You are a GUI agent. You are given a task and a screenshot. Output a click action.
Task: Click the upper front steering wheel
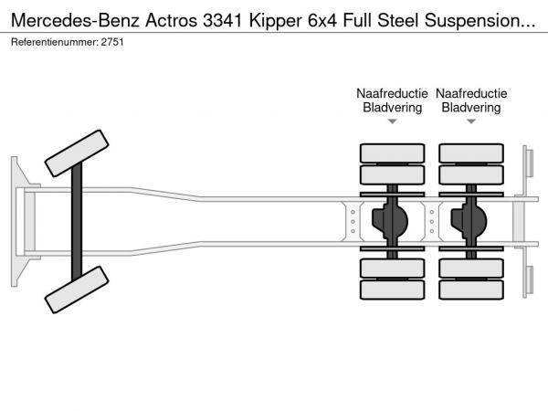(77, 153)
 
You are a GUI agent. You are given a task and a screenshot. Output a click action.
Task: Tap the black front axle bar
(78, 222)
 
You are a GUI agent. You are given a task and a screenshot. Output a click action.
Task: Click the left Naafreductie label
(392, 93)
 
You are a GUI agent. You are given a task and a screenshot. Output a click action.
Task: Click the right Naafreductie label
(471, 93)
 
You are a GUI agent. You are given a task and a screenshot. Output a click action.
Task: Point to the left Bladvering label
(392, 108)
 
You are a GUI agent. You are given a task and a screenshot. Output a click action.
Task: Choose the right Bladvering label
(471, 108)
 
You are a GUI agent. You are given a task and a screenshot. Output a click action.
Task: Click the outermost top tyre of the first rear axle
(392, 153)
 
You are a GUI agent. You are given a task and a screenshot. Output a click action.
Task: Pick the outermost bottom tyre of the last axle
(471, 291)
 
